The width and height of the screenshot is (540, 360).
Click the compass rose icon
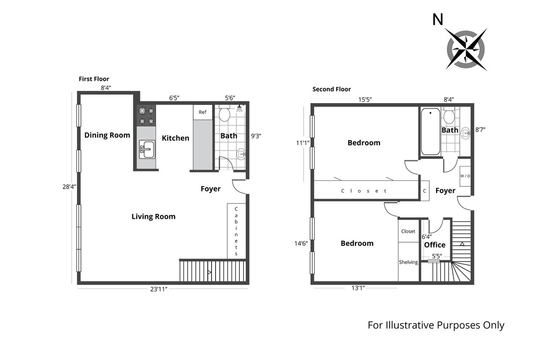coord(466,49)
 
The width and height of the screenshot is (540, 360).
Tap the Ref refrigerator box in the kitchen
coord(202,112)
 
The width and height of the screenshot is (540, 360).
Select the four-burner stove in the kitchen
coord(146,116)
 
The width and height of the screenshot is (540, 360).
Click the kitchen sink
coord(147,149)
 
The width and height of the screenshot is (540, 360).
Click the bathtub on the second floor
coord(431,132)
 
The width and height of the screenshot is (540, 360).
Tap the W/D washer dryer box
coord(465,175)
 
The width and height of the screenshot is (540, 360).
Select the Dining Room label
coord(107,135)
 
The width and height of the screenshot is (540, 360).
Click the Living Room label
coord(153,216)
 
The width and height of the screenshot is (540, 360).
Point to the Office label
coord(435,245)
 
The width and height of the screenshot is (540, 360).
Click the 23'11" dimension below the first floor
coord(159,290)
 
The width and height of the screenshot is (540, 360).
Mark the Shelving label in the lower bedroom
coord(409,262)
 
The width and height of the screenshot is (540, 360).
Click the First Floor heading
coord(94,79)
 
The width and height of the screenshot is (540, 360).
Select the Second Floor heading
coord(332,89)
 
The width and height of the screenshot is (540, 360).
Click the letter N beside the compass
coord(437,19)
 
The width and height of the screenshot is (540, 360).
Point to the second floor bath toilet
coord(449,117)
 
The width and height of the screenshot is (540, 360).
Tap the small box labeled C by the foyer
coord(424,191)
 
